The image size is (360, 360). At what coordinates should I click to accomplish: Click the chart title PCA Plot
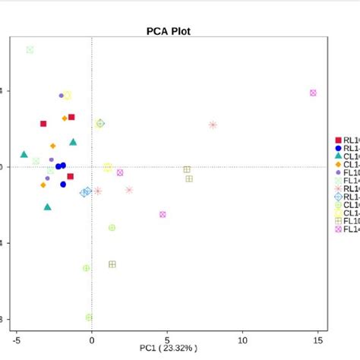169,32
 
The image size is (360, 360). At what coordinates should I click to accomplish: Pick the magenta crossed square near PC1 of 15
313,93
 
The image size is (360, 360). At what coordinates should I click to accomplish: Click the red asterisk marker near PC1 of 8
213,125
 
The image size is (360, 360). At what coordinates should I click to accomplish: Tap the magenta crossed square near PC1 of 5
163,214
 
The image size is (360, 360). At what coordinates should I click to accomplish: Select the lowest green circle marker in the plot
89,317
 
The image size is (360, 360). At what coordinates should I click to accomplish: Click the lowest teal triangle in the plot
47,207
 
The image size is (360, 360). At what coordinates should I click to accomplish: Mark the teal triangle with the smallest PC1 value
24,154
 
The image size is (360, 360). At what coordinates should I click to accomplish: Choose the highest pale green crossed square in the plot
30,49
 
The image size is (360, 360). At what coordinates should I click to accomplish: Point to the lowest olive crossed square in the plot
112,264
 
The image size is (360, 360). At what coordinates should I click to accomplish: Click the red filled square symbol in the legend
338,140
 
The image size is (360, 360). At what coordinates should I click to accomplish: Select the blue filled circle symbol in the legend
338,148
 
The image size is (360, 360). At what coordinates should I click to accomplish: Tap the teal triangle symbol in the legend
338,156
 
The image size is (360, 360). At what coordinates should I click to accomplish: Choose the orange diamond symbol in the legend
338,164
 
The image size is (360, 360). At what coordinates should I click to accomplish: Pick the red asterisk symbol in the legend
338,188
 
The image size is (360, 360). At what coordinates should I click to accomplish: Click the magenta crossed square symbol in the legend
338,229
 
